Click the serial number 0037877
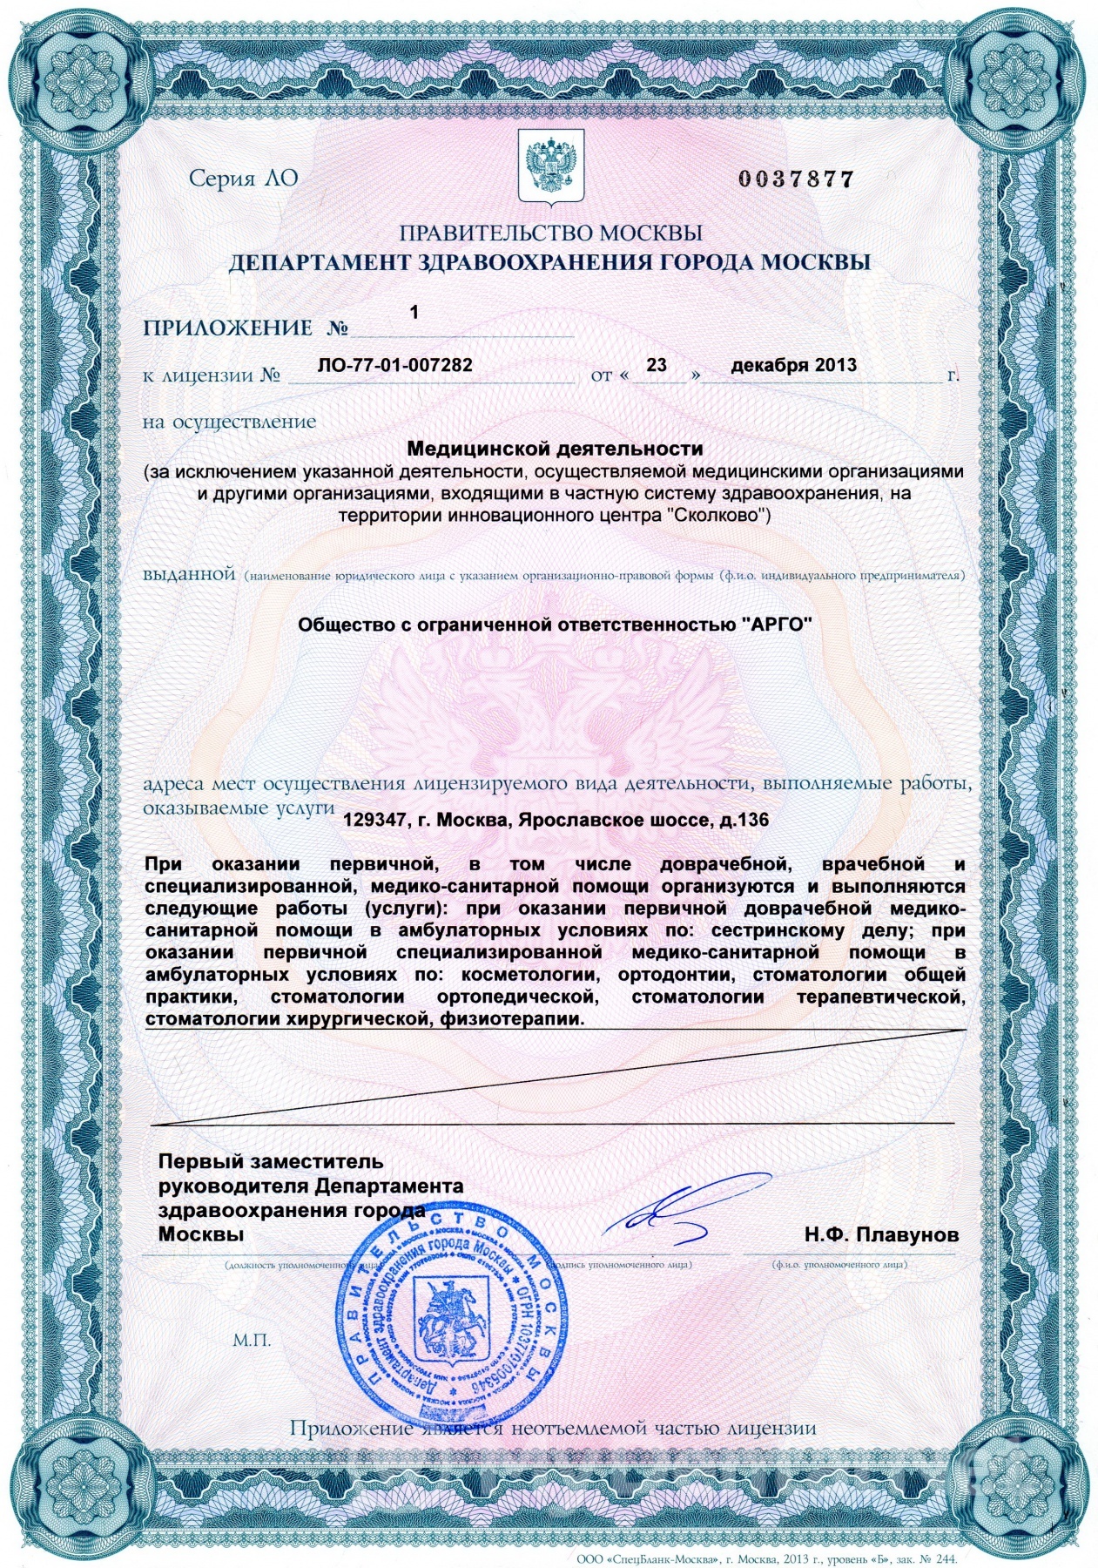point(796,179)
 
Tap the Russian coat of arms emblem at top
point(549,166)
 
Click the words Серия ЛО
point(244,179)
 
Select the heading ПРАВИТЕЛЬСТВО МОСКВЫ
point(550,233)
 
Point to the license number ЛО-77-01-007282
point(395,365)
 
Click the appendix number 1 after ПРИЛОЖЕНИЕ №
point(414,312)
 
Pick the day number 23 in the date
point(657,365)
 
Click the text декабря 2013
point(793,365)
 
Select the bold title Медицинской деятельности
point(556,449)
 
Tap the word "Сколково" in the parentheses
point(716,515)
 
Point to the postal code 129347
point(372,820)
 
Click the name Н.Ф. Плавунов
point(881,1234)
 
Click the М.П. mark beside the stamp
point(252,1340)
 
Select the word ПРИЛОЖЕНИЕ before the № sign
point(228,328)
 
